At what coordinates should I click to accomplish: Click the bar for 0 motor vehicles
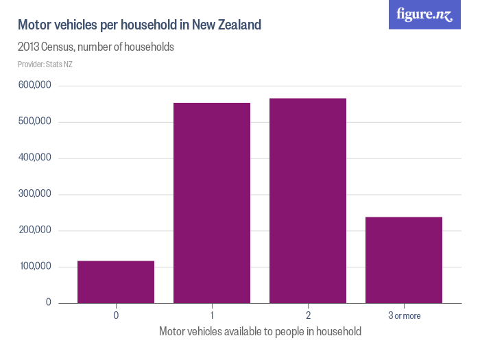point(116,282)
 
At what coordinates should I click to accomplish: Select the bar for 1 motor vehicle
point(212,203)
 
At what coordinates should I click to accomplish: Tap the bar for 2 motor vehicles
point(308,201)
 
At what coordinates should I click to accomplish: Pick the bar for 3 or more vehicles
point(404,260)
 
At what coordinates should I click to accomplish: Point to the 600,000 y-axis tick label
point(35,86)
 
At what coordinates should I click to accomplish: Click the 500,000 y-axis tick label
point(35,122)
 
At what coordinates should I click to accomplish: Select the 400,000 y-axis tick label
point(35,158)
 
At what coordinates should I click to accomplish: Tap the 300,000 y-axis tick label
point(35,194)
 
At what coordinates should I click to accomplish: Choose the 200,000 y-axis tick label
point(35,230)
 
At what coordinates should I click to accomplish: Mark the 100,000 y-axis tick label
point(35,267)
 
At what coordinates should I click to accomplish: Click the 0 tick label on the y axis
point(49,302)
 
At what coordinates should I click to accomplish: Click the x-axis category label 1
point(212,315)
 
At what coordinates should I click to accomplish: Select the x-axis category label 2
point(308,315)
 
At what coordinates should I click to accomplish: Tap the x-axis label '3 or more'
point(404,315)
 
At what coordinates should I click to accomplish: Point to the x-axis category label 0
point(116,315)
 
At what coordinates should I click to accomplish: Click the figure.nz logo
point(425,15)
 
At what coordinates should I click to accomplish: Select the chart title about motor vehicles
point(139,25)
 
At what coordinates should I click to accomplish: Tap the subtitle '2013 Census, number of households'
point(96,47)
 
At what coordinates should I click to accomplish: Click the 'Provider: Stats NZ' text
point(45,64)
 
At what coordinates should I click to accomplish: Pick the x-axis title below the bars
point(260,331)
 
